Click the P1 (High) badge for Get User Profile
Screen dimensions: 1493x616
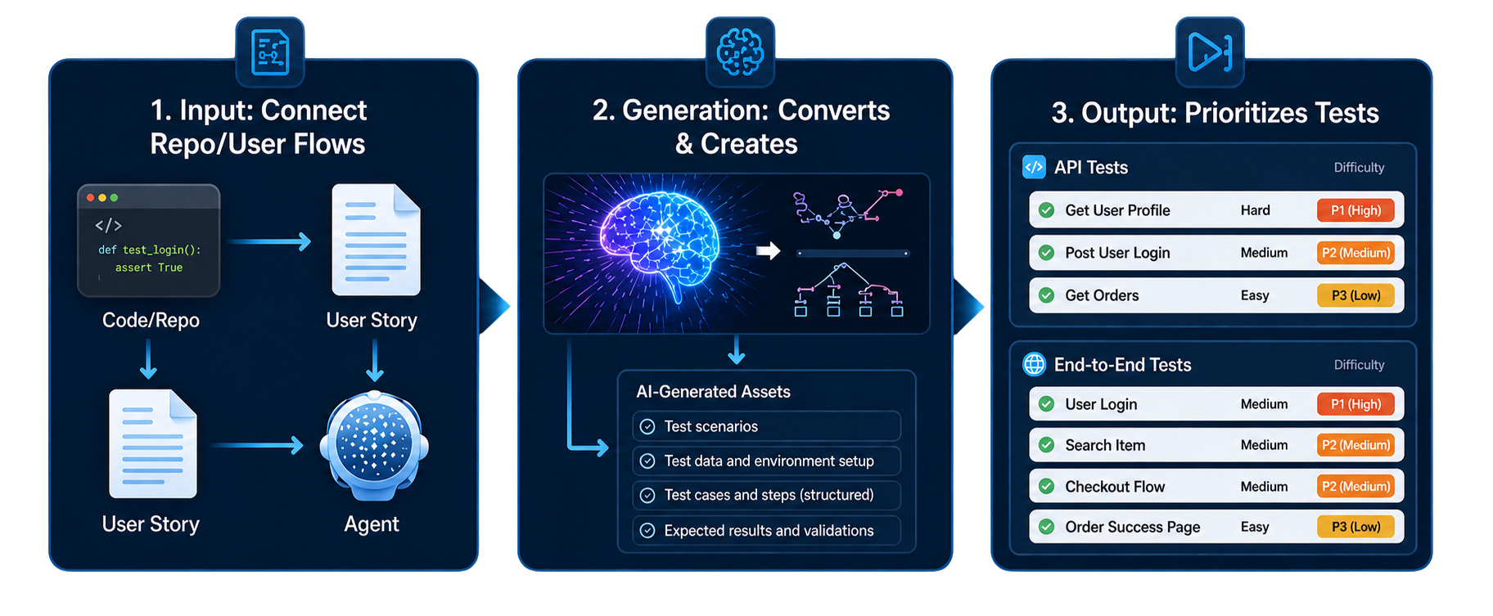[1355, 210]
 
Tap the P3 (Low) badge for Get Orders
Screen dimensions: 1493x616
[1355, 295]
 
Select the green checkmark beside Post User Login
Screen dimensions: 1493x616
[1046, 253]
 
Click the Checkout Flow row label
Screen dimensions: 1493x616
[1115, 487]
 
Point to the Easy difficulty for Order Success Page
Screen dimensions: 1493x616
[1255, 527]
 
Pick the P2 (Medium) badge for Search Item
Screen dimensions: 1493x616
[1355, 445]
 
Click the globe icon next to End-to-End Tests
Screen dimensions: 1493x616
[1035, 364]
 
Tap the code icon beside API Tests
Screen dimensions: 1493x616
[1034, 167]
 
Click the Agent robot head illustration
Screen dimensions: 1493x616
[374, 446]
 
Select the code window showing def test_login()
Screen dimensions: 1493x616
[148, 241]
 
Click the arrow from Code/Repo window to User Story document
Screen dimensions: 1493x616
[269, 241]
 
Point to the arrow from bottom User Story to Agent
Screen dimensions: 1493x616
[258, 446]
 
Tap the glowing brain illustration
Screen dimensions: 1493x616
[659, 241]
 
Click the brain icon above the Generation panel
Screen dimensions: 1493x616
[740, 52]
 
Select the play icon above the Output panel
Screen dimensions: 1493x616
[1210, 52]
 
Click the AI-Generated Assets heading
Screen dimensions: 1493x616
[713, 392]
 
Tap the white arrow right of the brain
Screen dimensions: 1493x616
[768, 250]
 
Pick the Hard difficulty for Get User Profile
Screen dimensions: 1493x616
[1255, 210]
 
